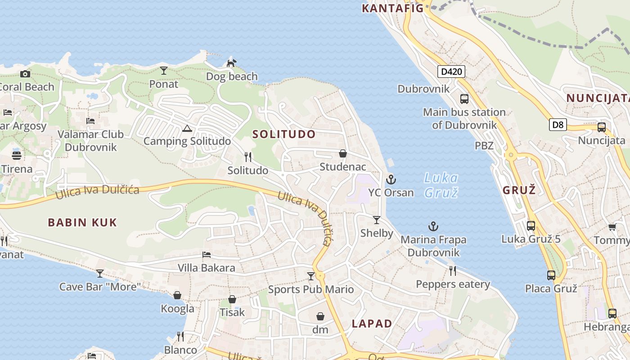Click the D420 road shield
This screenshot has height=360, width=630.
tap(451, 71)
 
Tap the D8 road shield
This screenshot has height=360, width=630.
tap(558, 125)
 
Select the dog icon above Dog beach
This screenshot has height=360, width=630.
tap(231, 63)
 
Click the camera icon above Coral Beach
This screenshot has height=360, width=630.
tap(25, 74)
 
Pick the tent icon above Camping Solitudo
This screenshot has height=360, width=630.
tap(187, 129)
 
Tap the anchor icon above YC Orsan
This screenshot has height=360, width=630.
tap(391, 180)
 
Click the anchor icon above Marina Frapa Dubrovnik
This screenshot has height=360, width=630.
tap(433, 226)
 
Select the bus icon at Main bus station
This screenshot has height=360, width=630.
tap(464, 99)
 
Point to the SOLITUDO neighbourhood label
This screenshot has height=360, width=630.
tap(284, 134)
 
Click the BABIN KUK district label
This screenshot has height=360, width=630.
tap(82, 222)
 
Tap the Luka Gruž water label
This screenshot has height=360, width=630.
tap(441, 185)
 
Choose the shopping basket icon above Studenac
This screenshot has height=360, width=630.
tap(343, 154)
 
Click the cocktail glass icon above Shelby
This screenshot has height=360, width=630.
tap(377, 220)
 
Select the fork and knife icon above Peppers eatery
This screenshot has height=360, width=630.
tap(453, 271)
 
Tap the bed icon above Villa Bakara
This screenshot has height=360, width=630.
tap(207, 255)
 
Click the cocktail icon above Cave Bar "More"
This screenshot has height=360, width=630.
tap(100, 273)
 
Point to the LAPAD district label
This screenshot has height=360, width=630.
tap(372, 324)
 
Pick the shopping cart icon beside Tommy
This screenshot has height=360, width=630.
tap(612, 227)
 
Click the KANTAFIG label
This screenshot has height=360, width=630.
tap(393, 8)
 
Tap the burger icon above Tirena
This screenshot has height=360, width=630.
tap(17, 156)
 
